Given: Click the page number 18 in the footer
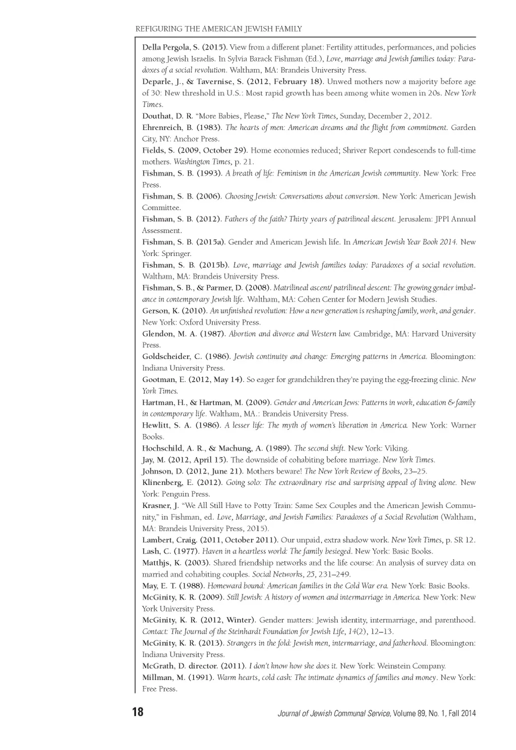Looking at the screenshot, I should (138, 712).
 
